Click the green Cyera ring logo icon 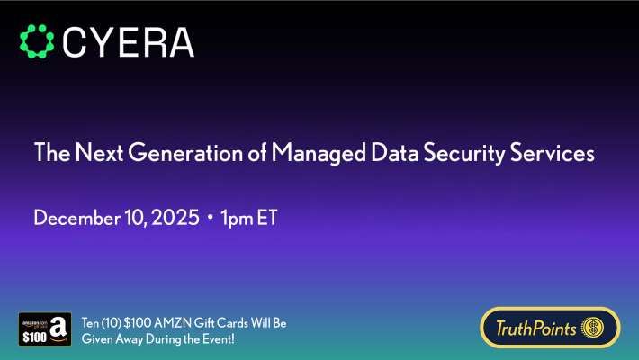point(37,41)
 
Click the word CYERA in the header point(129,42)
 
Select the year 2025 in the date point(175,219)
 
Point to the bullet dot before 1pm point(209,219)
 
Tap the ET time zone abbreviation point(266,219)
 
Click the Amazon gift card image point(45,328)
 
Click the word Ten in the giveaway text point(91,322)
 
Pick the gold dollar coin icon point(595,328)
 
